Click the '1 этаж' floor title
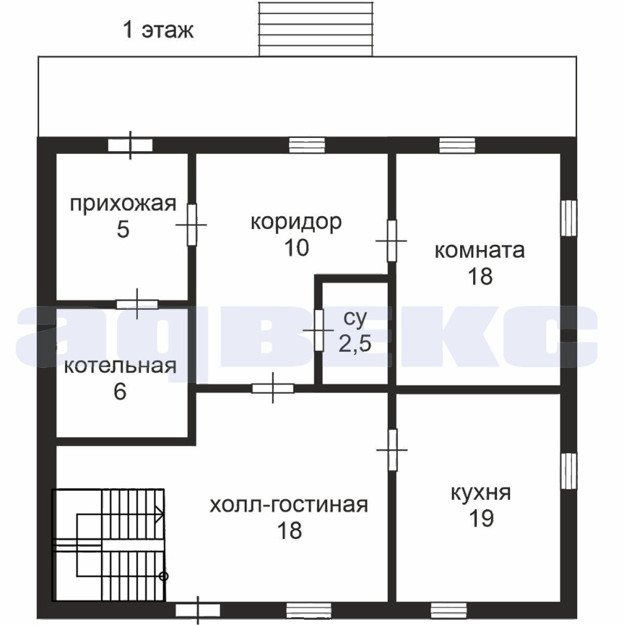pyautogui.click(x=158, y=31)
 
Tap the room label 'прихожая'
pyautogui.click(x=123, y=204)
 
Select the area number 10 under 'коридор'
pyautogui.click(x=297, y=247)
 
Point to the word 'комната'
pyautogui.click(x=480, y=251)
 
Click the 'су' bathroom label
pyautogui.click(x=355, y=318)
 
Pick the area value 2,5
pyautogui.click(x=355, y=343)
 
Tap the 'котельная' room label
pyautogui.click(x=120, y=366)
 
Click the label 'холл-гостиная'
pyautogui.click(x=288, y=505)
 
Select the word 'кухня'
pyautogui.click(x=481, y=493)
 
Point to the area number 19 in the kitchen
pyautogui.click(x=482, y=518)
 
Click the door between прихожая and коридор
pyautogui.click(x=192, y=225)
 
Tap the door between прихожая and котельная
pyautogui.click(x=137, y=305)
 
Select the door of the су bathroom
pyautogui.click(x=319, y=330)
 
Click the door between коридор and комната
pyautogui.click(x=392, y=241)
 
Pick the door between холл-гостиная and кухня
pyautogui.click(x=392, y=450)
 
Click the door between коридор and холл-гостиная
pyautogui.click(x=273, y=388)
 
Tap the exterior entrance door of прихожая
pyautogui.click(x=130, y=145)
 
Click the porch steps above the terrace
pyautogui.click(x=316, y=29)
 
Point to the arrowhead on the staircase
pyautogui.click(x=160, y=514)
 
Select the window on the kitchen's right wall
pyautogui.click(x=569, y=471)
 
